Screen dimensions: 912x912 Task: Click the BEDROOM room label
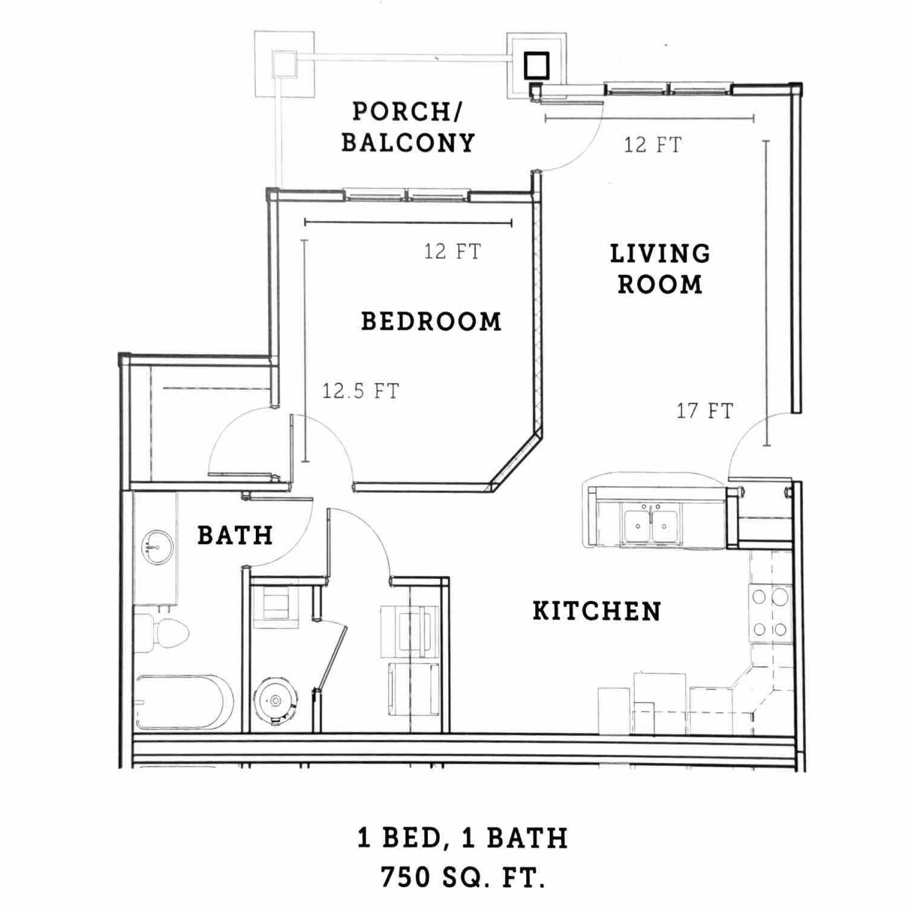[x=431, y=322]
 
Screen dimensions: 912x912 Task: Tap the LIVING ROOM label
[x=660, y=269]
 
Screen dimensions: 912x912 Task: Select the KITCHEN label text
[x=597, y=611]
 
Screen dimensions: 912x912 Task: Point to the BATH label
[x=235, y=535]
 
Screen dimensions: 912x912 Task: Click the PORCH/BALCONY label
[x=408, y=127]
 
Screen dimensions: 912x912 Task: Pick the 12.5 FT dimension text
[x=361, y=391]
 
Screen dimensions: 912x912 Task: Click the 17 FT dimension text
[x=705, y=411]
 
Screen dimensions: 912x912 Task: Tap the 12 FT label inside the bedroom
[x=452, y=251]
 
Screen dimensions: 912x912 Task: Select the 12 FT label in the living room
[x=653, y=145]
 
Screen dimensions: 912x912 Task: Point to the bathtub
[x=184, y=702]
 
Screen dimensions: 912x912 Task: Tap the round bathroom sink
[x=157, y=547]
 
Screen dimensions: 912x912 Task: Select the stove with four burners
[x=770, y=613]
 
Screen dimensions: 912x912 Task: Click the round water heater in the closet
[x=276, y=701]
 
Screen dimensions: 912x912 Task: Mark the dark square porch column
[x=536, y=65]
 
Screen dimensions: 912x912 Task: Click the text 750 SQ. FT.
[x=462, y=877]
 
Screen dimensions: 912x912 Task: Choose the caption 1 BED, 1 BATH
[x=462, y=838]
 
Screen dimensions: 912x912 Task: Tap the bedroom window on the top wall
[x=406, y=195]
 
